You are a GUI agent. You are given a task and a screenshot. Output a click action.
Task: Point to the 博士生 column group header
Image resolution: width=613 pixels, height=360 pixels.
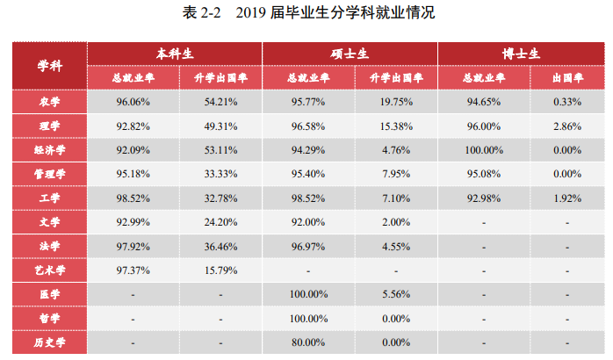(525, 53)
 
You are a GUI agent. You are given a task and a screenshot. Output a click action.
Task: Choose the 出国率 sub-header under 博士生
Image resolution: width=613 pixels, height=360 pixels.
(567, 77)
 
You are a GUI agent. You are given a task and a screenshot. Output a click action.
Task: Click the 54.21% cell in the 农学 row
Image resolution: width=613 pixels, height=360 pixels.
(220, 102)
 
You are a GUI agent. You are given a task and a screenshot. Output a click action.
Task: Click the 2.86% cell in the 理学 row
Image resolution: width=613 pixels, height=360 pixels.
(567, 126)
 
